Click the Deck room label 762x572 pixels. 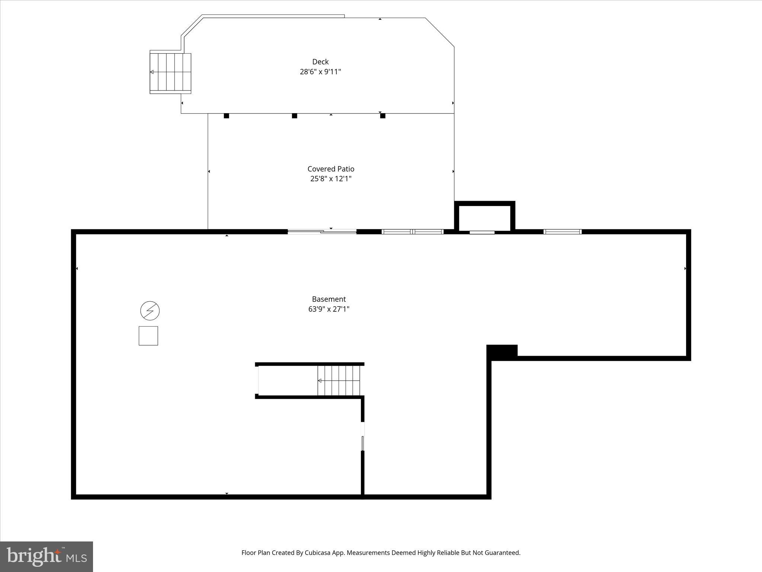[320, 62]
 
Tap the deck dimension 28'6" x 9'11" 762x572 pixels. [320, 72]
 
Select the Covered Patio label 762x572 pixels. [331, 169]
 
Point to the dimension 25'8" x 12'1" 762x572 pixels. [331, 179]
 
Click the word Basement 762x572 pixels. [329, 299]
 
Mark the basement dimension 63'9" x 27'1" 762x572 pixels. [329, 309]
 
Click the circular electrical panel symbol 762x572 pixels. [150, 311]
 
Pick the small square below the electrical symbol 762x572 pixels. [148, 336]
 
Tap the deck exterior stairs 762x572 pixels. [170, 73]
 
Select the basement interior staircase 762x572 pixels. [339, 381]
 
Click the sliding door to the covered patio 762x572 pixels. [322, 232]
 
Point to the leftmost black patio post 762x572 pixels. [226, 116]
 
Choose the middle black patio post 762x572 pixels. [294, 116]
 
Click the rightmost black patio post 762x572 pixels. [382, 116]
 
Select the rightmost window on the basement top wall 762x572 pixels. [562, 232]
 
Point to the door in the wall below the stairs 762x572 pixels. [363, 436]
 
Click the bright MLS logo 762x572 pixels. [47, 556]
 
